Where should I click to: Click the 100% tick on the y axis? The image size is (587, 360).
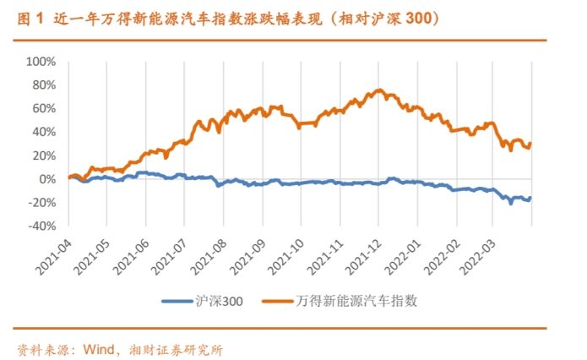tap(39, 62)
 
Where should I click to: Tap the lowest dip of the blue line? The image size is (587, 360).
tap(511, 203)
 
